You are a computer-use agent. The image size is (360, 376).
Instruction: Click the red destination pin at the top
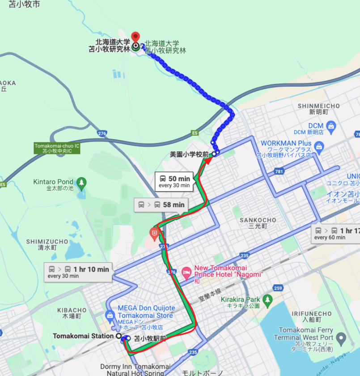[x=135, y=37]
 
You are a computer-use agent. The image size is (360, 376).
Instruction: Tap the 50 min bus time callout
[x=174, y=182]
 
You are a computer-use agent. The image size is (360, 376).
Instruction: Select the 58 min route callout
[x=162, y=205]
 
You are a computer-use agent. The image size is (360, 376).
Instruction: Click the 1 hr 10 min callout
[x=79, y=272]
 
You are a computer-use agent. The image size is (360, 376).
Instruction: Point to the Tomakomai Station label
[x=83, y=336]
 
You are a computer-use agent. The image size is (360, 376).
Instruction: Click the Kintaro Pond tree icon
[x=81, y=182]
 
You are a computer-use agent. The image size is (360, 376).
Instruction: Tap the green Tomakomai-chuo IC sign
[x=57, y=148]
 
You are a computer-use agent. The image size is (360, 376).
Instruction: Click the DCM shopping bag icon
[x=331, y=126]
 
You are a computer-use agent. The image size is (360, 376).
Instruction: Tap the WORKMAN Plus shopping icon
[x=319, y=146]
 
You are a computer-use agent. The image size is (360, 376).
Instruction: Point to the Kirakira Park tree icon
[x=267, y=299]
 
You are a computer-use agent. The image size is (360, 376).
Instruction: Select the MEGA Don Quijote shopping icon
[x=110, y=315]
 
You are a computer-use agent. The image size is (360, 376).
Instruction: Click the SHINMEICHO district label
[x=318, y=106]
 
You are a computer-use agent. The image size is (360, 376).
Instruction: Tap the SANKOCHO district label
[x=258, y=220]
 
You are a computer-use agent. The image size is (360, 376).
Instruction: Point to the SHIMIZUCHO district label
[x=47, y=242]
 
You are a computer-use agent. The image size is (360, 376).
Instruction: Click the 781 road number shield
[x=280, y=171]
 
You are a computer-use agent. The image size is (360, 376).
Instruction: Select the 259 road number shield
[x=278, y=288]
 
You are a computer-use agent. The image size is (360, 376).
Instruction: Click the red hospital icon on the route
[x=155, y=233]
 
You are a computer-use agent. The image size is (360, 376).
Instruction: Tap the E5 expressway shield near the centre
[x=195, y=133]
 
